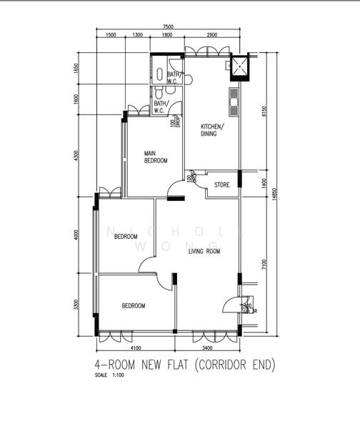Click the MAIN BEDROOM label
pos(156,157)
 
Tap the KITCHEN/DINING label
pos(212,130)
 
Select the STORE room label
pos(222,185)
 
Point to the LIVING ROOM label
pos(204,252)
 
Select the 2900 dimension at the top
pos(212,34)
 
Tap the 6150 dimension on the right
pos(264,112)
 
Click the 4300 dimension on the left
pos(76,156)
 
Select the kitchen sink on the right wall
pos(233,102)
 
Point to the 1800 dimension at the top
pos(166,34)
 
